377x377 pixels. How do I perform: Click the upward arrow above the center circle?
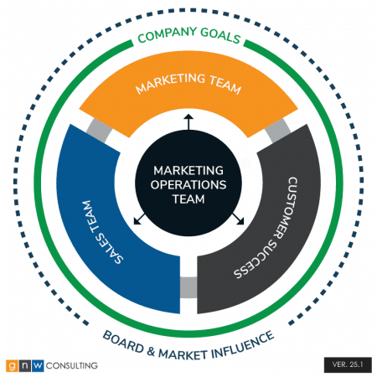[x=188, y=121]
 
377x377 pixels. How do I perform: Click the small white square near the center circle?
[x=245, y=163]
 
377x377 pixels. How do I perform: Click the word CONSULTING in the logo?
[x=71, y=365]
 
